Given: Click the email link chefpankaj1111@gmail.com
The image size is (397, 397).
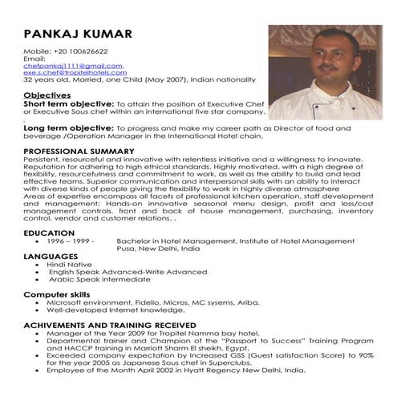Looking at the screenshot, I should pyautogui.click(x=73, y=66).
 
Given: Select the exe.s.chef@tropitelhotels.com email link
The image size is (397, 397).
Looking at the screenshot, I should pyautogui.click(x=75, y=73).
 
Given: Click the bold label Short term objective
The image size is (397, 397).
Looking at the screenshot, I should pyautogui.click(x=69, y=104).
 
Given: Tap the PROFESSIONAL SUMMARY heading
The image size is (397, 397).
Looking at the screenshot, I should pyautogui.click(x=83, y=151).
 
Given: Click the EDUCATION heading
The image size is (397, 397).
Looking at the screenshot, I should pyautogui.click(x=49, y=232).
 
